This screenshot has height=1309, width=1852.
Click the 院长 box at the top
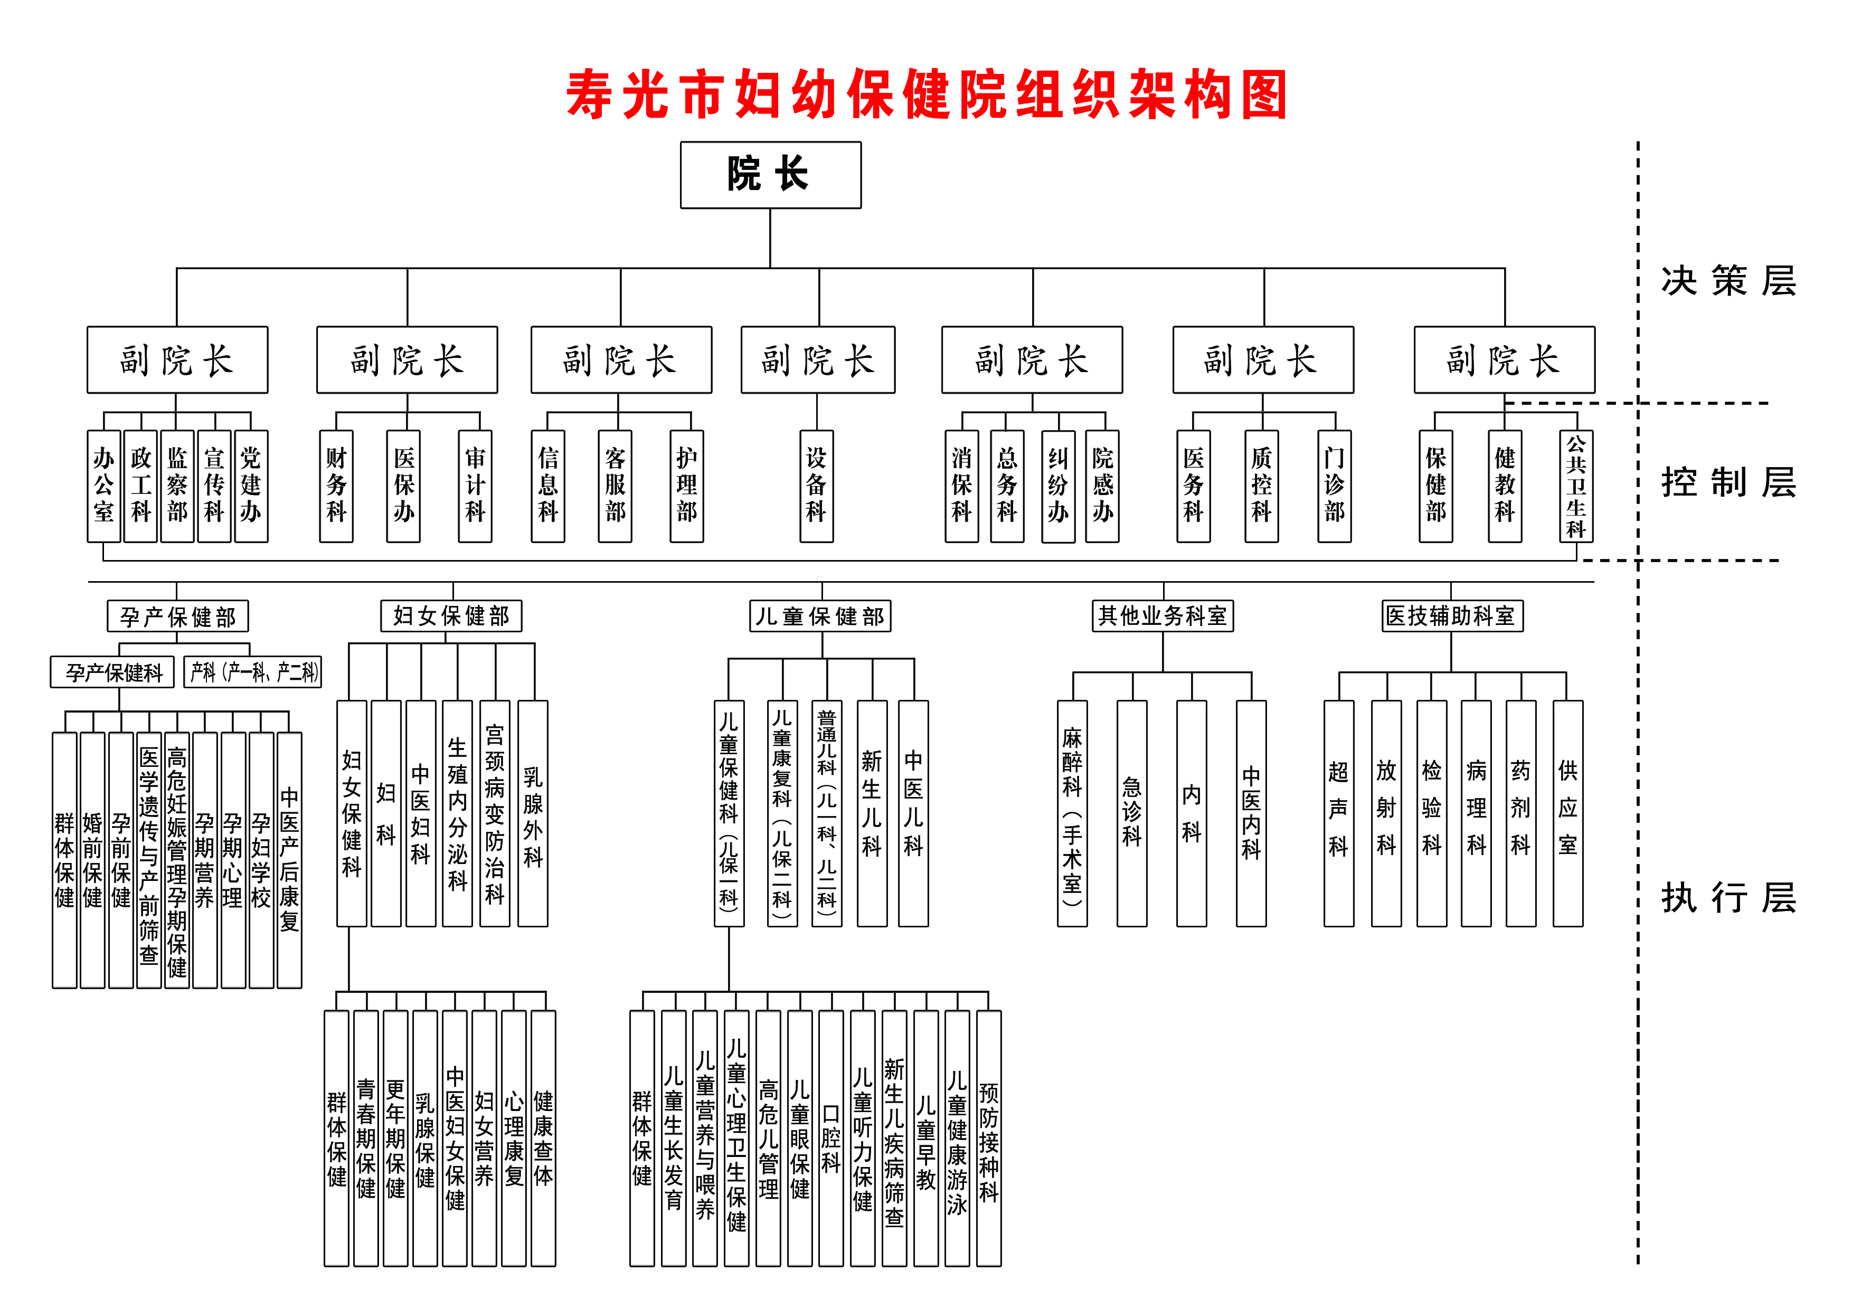point(770,175)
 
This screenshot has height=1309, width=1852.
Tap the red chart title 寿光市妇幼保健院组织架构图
point(926,95)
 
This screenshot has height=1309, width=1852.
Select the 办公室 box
point(103,486)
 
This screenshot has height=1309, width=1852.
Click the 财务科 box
point(336,486)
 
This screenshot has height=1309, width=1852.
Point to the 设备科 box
point(816,486)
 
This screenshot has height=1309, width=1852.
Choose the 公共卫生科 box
point(1575,486)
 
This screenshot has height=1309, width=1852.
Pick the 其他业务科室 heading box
point(1163,616)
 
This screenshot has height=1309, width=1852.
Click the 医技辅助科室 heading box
point(1452,616)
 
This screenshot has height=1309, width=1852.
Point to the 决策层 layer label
point(1728,281)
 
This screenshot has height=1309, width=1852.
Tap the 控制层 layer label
point(1728,482)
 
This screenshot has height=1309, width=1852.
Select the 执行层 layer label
point(1728,898)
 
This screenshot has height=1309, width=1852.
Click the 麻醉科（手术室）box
point(1072,813)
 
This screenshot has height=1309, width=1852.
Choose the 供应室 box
point(1567,813)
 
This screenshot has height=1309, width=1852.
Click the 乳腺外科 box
point(532,813)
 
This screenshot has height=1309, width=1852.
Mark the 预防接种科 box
point(988,1138)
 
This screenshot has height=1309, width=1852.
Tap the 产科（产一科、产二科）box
point(252,672)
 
